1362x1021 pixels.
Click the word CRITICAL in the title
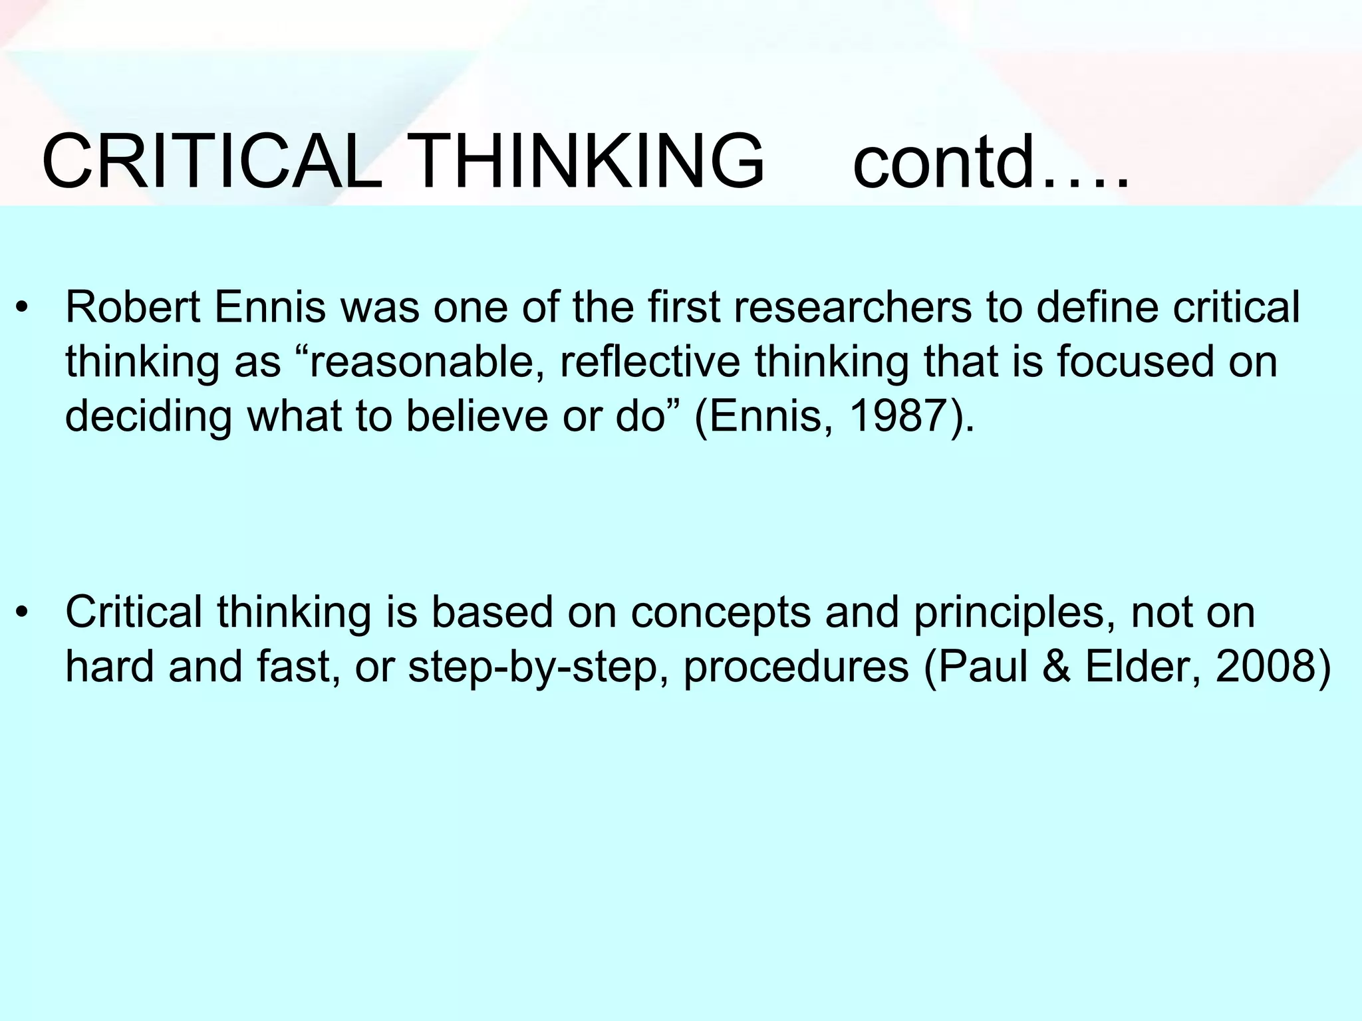click(x=211, y=162)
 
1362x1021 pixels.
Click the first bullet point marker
click(x=24, y=310)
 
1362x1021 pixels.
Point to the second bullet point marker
click(x=24, y=614)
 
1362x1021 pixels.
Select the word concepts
click(x=720, y=614)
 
